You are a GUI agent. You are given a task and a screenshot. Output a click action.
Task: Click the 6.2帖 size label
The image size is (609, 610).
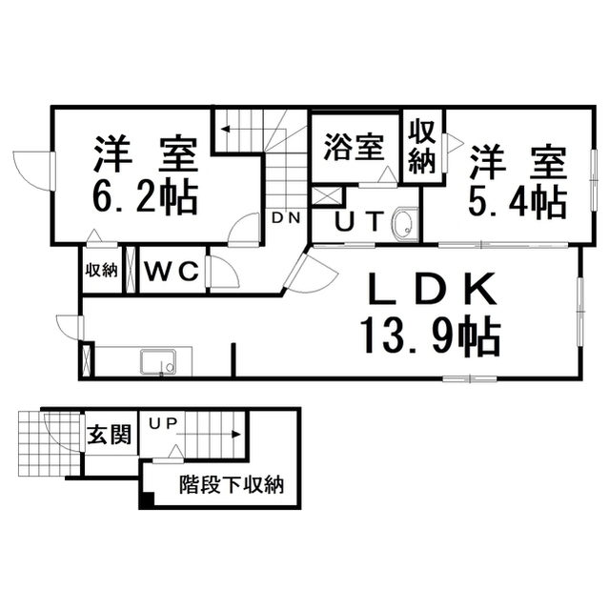(x=145, y=197)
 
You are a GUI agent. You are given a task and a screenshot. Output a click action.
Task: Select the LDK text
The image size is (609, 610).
(x=432, y=289)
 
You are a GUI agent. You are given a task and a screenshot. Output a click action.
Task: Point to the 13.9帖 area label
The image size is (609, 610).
(x=430, y=335)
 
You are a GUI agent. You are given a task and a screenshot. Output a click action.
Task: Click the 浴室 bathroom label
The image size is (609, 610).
(x=355, y=147)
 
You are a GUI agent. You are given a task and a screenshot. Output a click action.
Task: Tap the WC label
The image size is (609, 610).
(x=172, y=271)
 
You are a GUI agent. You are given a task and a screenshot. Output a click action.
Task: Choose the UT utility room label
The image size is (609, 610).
(x=359, y=222)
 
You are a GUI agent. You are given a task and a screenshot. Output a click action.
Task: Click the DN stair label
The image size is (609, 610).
(x=286, y=218)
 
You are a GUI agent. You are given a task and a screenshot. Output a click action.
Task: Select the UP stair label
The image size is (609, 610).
(x=164, y=423)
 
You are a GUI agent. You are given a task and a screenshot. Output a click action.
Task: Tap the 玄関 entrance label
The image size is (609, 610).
(x=110, y=435)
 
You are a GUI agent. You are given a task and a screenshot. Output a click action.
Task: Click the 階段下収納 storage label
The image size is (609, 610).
(x=232, y=485)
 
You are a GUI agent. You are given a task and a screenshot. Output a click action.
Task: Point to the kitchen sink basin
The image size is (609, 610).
(x=158, y=362)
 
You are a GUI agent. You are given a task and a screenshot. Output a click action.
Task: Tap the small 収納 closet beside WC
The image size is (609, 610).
(x=101, y=270)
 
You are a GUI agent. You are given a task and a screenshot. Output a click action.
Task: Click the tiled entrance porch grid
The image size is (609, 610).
(x=50, y=444)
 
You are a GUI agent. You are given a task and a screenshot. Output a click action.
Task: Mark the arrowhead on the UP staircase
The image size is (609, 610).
(x=236, y=435)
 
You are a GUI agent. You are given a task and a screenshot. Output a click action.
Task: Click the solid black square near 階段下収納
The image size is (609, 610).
(x=147, y=499)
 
